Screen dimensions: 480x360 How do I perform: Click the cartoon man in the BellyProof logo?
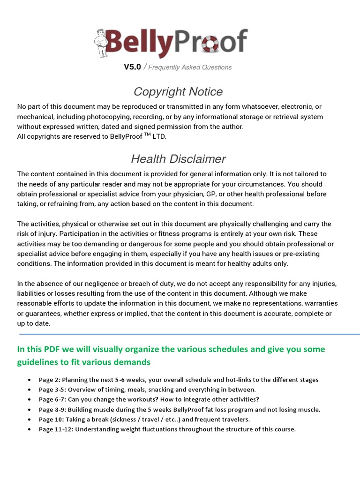(100, 43)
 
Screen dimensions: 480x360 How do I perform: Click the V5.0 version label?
(132, 67)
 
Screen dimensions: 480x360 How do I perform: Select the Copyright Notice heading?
(178, 91)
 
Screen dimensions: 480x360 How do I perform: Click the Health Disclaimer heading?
(178, 159)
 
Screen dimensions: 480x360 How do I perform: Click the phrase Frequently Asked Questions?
(190, 67)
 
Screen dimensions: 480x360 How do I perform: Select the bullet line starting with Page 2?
(178, 380)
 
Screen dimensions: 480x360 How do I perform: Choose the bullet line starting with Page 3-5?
(147, 390)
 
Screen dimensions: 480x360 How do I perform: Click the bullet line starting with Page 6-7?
(149, 399)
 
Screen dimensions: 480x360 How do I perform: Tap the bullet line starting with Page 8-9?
(180, 409)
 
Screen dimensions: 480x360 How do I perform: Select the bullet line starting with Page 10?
(144, 419)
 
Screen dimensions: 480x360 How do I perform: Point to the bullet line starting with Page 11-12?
(167, 429)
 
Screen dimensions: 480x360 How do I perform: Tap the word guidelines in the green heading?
(36, 362)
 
